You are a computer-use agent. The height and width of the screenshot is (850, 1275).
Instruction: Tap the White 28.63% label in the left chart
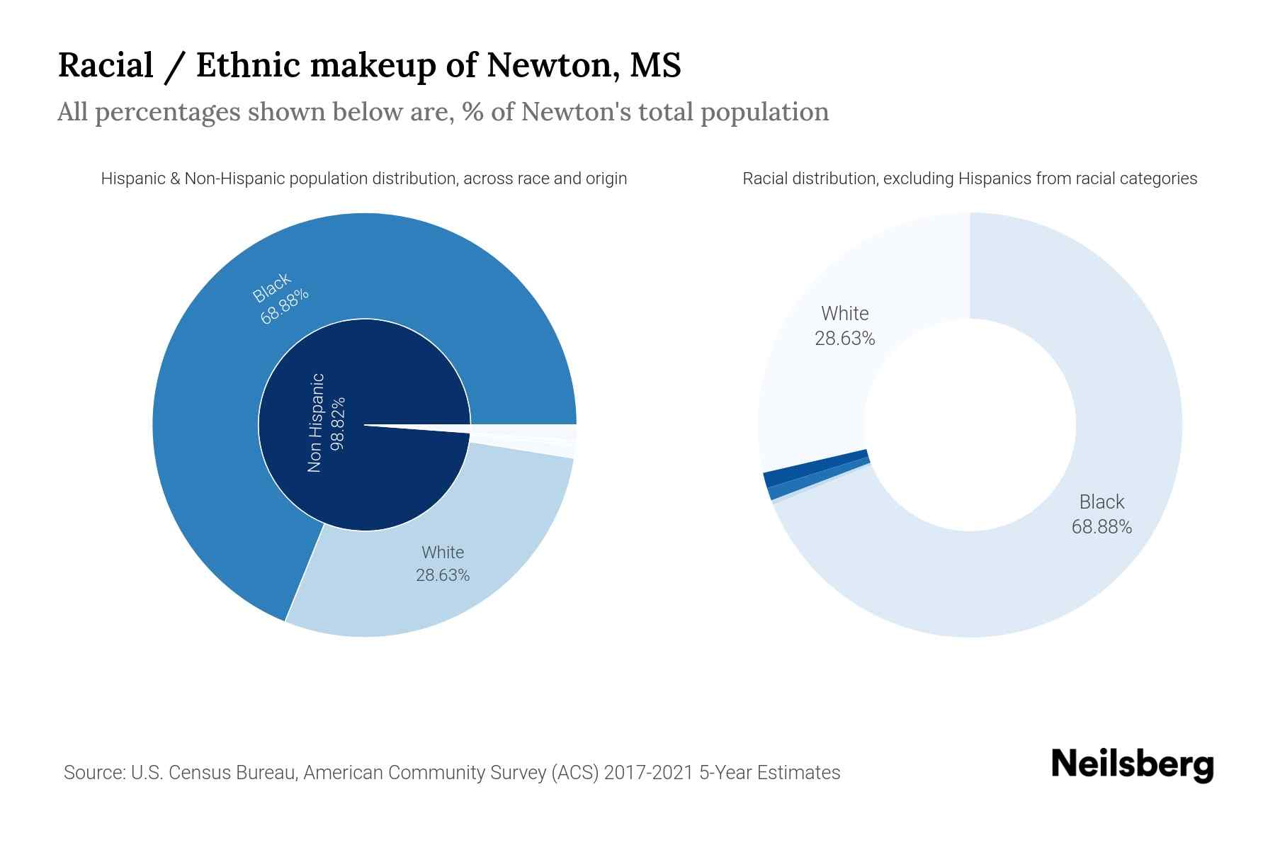[443, 564]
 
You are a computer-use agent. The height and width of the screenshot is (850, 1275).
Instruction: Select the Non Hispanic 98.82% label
[326, 423]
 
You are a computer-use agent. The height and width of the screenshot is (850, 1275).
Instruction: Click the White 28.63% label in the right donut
[844, 326]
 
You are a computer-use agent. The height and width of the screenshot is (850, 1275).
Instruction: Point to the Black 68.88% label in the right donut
[1101, 514]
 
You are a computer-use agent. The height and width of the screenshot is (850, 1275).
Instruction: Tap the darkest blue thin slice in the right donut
[815, 463]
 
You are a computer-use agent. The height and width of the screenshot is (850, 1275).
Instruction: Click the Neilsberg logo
[1132, 765]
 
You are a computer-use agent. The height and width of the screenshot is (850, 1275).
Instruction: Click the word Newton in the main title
[545, 65]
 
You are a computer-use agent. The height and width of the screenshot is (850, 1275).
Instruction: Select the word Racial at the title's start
[106, 65]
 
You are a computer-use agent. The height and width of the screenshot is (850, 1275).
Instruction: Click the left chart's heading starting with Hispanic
[363, 178]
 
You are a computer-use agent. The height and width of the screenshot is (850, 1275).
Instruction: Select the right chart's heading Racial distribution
[970, 178]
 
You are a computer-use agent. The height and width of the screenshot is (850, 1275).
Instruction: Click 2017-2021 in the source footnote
[652, 772]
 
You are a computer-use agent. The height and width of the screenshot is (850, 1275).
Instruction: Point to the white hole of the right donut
[970, 425]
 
